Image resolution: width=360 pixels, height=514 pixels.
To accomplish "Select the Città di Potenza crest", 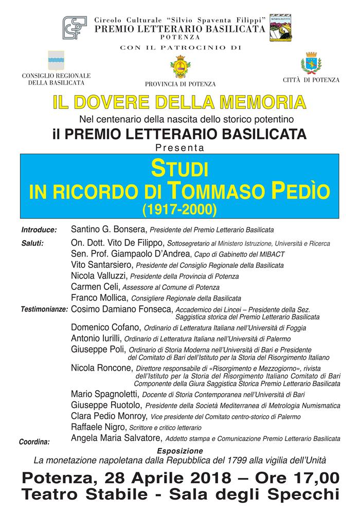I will (x=311, y=64).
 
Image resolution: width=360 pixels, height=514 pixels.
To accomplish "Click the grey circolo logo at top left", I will (x=75, y=27).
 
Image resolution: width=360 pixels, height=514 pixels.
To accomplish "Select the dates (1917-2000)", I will (x=180, y=209).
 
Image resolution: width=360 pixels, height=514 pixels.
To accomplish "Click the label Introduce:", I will (x=39, y=229).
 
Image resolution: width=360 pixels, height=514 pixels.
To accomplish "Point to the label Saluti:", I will (x=32, y=243).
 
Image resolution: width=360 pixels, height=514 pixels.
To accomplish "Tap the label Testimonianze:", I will (x=44, y=310).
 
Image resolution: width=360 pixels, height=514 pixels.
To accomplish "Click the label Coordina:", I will (x=34, y=441).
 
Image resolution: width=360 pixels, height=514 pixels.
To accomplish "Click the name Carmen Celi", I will (x=93, y=286).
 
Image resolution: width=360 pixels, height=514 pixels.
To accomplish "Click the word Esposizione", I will (x=180, y=450).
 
